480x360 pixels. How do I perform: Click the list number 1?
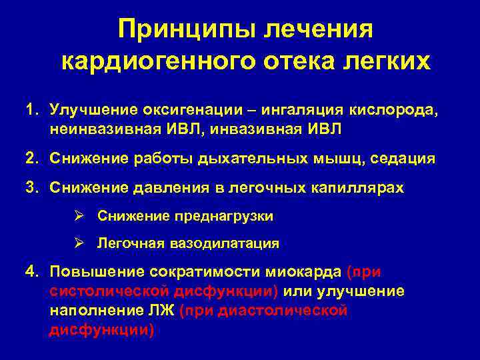(31, 109)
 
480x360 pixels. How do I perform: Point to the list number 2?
(31, 159)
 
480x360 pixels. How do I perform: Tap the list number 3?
(31, 189)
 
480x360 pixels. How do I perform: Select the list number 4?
(31, 272)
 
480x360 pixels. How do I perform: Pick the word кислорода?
(400, 109)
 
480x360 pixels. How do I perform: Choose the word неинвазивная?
(91, 129)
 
